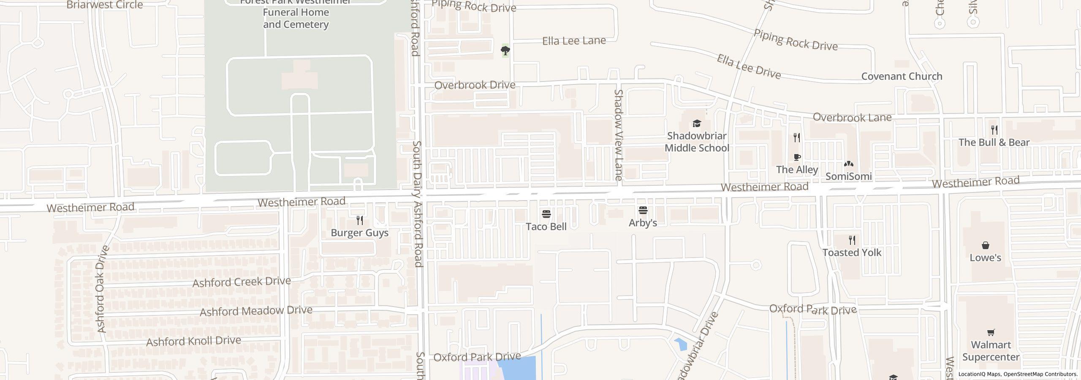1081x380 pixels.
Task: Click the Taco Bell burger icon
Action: [546, 214]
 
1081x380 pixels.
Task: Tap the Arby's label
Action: [643, 223]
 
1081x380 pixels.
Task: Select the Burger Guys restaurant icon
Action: [359, 220]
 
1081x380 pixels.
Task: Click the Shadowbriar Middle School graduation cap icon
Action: [697, 123]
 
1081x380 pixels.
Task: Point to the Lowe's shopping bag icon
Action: [985, 245]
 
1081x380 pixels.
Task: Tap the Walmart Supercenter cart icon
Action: [991, 333]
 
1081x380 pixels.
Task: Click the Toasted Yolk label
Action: [852, 252]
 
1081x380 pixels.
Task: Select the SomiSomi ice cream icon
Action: [848, 164]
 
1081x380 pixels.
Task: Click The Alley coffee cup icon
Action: [797, 157]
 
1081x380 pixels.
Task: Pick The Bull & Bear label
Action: [994, 142]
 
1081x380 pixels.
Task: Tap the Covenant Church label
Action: [902, 76]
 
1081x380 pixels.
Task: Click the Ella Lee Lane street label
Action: [574, 41]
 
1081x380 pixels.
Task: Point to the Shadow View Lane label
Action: [619, 135]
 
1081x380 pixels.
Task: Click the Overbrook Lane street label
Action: [852, 117]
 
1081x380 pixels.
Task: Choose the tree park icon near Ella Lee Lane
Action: [505, 51]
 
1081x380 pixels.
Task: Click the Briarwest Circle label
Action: [105, 5]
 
